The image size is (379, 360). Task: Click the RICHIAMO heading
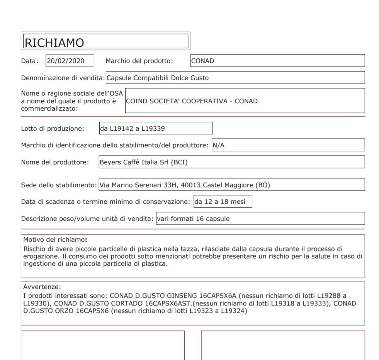(x=54, y=42)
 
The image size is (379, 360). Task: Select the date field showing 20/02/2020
(x=70, y=61)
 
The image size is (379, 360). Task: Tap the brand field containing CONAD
(x=277, y=61)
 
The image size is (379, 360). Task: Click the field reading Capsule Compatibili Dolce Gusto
(x=235, y=78)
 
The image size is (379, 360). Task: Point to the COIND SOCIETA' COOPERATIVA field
(x=245, y=101)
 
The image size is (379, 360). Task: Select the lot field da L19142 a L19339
(x=156, y=128)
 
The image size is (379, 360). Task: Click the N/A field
(x=288, y=145)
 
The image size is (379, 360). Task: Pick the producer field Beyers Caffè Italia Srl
(x=231, y=162)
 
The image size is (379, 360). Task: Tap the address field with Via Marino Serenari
(x=231, y=185)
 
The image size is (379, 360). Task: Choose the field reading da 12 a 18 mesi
(x=223, y=201)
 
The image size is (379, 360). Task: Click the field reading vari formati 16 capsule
(x=260, y=218)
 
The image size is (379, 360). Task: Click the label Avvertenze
(x=42, y=287)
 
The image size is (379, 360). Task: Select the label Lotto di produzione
(x=52, y=128)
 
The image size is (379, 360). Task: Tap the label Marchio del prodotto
(x=139, y=61)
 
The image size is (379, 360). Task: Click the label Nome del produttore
(x=55, y=162)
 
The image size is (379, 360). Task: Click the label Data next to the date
(x=30, y=61)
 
